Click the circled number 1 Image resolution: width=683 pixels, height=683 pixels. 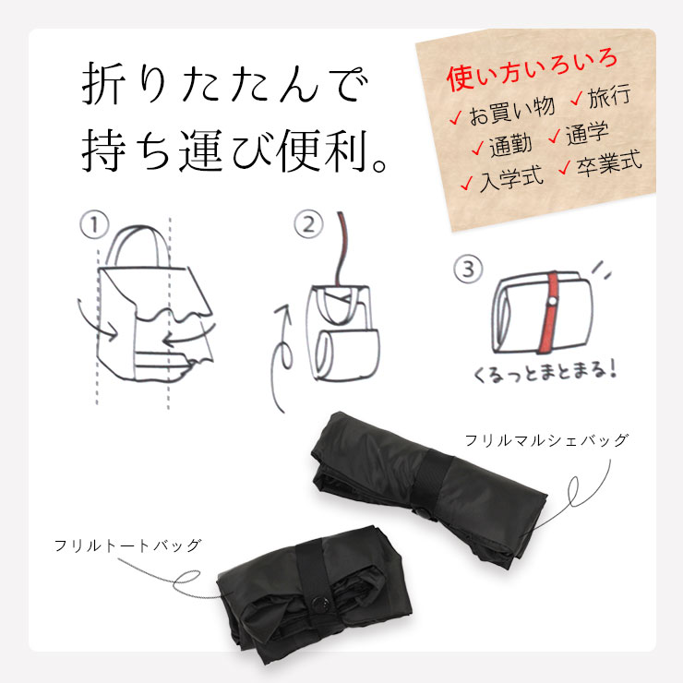[94, 224]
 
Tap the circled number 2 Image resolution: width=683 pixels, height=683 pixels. [309, 224]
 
